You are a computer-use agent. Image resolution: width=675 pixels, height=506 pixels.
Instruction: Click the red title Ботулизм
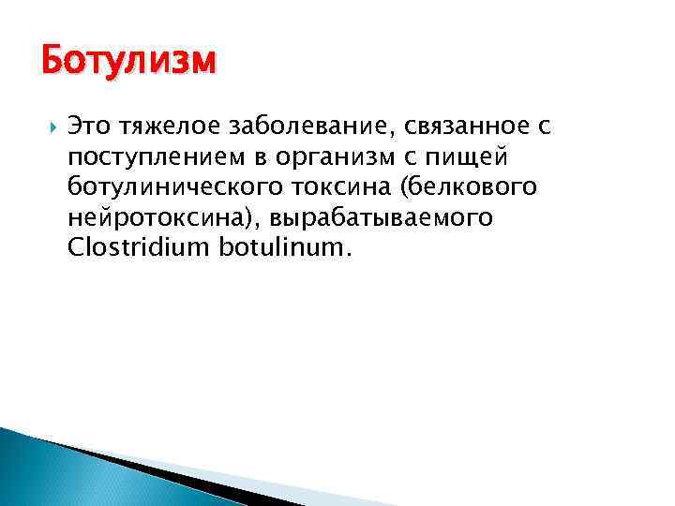click(x=128, y=62)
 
